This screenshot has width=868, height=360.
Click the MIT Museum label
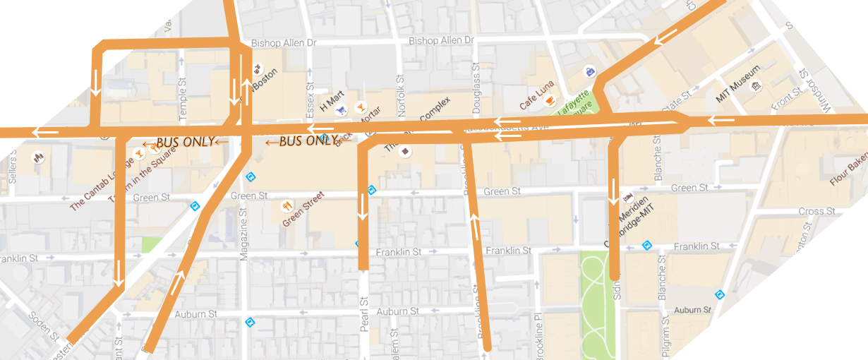738,84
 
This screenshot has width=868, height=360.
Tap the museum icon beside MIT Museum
757,86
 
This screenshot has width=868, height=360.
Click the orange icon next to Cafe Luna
550,101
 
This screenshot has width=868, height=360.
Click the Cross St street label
816,211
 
